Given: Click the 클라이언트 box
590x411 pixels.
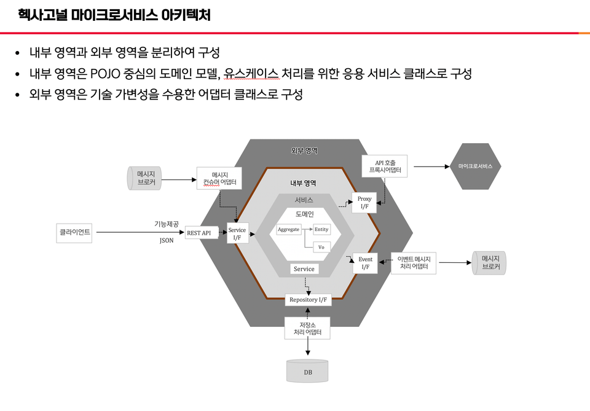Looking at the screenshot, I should click(75, 233).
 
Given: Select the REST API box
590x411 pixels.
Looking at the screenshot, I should click(202, 233).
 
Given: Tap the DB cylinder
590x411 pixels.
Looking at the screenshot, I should click(307, 371).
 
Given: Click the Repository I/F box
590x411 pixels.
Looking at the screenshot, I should click(308, 300).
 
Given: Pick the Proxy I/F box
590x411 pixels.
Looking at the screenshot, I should click(364, 203).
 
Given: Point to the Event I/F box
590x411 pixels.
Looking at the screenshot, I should click(365, 263).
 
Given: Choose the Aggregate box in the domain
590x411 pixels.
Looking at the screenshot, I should click(288, 230).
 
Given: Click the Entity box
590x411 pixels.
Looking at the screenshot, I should click(321, 230).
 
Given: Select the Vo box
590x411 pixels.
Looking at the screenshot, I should click(321, 247).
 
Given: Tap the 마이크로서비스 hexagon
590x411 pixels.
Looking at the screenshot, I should click(475, 166).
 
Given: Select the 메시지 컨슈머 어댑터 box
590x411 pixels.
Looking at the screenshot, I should click(219, 178).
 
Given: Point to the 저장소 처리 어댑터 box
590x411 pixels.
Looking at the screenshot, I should click(307, 329).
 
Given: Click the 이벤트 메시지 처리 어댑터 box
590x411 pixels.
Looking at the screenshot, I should click(414, 263).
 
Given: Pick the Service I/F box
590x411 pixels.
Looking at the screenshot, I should click(237, 233).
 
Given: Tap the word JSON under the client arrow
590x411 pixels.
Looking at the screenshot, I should click(167, 241).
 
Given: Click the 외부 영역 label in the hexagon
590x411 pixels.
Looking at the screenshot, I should click(304, 151).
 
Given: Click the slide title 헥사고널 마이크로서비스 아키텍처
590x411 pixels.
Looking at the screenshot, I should click(114, 15).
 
